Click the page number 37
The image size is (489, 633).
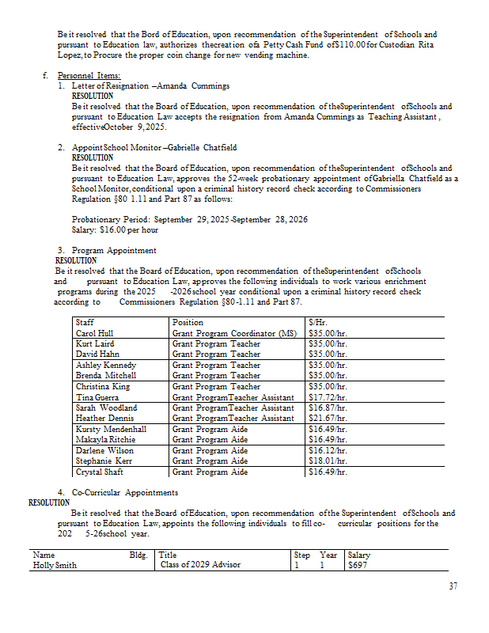[x=453, y=586]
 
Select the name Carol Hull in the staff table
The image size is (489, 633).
[x=94, y=334]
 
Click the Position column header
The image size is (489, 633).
[x=188, y=323]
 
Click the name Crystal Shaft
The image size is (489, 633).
[x=99, y=472]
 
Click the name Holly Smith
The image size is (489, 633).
[x=55, y=565]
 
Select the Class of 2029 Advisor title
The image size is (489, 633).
[x=200, y=565]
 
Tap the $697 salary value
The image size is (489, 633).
[x=358, y=565]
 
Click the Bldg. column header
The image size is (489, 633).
[x=138, y=555]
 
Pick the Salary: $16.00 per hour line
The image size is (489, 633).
[x=115, y=229]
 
